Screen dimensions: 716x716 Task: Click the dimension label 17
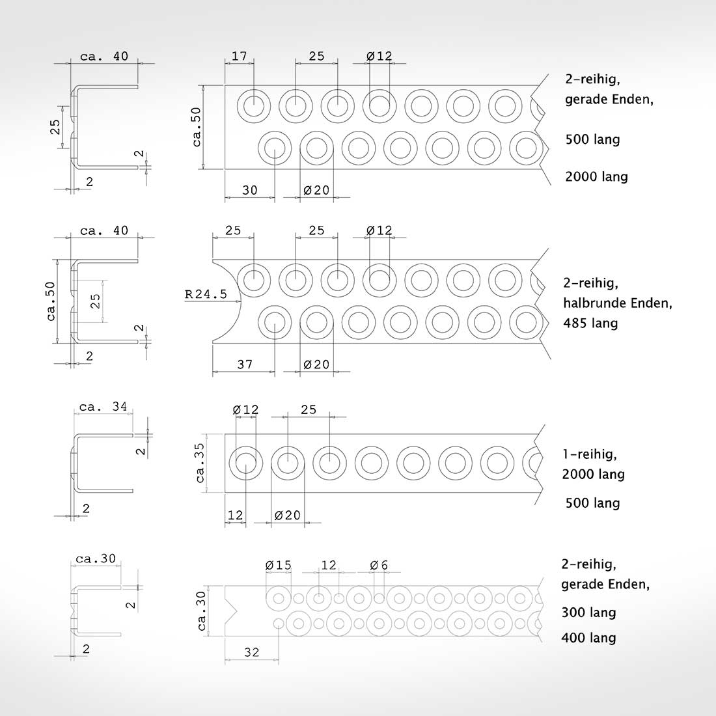click(240, 56)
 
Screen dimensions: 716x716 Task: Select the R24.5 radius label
click(206, 294)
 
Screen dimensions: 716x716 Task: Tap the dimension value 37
click(245, 365)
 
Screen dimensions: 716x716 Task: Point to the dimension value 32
click(252, 652)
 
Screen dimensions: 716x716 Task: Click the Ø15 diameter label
click(278, 565)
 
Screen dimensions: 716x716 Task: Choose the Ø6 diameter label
click(379, 565)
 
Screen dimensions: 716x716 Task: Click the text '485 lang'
click(590, 324)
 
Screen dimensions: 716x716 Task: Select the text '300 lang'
click(588, 613)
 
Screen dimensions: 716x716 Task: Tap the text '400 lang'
click(588, 638)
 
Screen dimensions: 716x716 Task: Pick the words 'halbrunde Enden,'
click(617, 303)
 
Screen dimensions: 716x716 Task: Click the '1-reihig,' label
click(590, 454)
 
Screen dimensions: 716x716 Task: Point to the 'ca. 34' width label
click(103, 406)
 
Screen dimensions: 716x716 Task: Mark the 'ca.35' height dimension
click(200, 463)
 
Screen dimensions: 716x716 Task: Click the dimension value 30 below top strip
click(249, 190)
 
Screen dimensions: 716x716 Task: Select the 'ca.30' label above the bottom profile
click(96, 558)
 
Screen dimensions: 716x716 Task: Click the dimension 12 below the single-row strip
click(235, 515)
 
